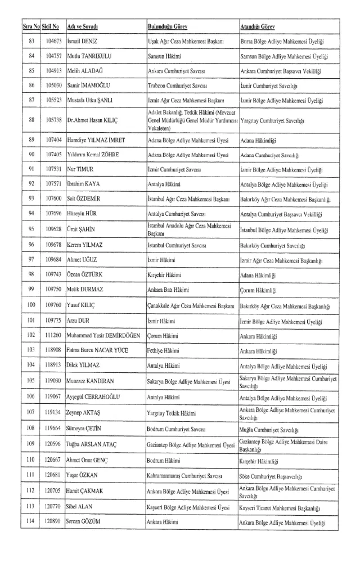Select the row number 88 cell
coord(31,120)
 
